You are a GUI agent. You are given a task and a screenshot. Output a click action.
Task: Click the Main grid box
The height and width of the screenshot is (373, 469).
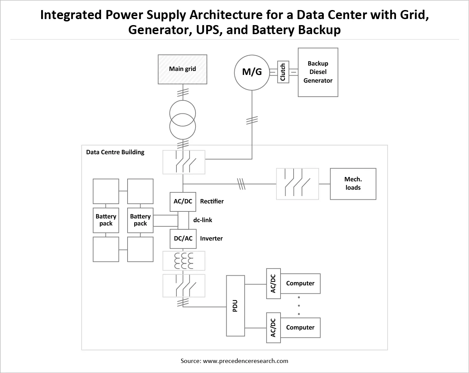182,69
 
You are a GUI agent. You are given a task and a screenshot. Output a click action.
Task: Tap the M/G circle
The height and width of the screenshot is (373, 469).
252,73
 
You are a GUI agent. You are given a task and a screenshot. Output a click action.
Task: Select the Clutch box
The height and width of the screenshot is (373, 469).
283,72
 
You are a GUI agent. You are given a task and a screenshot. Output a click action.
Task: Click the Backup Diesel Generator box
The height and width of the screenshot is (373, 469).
318,72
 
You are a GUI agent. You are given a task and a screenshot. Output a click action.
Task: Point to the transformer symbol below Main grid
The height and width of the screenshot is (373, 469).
182,120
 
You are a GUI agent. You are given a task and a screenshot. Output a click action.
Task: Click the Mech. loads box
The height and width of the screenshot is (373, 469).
353,184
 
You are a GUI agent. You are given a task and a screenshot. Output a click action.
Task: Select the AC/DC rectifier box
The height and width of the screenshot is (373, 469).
183,202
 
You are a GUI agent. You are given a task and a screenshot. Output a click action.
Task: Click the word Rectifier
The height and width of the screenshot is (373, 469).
212,201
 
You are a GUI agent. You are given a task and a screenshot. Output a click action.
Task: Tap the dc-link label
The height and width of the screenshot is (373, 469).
203,220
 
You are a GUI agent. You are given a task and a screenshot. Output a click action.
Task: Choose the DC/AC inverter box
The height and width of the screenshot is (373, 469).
183,239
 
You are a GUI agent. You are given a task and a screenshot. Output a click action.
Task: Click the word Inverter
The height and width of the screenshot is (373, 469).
211,239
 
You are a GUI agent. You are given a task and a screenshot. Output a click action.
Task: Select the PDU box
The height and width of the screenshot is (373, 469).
235,306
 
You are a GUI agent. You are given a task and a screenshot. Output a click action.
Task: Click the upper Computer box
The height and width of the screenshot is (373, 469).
300,283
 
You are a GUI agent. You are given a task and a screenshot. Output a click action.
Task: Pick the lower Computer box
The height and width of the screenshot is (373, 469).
300,328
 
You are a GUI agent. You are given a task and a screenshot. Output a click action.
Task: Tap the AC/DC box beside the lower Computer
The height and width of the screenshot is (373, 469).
273,328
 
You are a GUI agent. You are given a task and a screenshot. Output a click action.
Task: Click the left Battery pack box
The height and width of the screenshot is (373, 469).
106,220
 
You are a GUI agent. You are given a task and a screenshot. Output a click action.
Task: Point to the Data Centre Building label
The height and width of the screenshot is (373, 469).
115,152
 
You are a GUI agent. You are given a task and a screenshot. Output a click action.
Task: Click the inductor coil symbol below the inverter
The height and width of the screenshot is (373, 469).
184,261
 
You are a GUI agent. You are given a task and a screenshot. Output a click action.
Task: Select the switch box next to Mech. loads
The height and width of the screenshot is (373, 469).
297,184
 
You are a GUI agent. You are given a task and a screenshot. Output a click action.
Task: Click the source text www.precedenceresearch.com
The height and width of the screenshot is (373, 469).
245,361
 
